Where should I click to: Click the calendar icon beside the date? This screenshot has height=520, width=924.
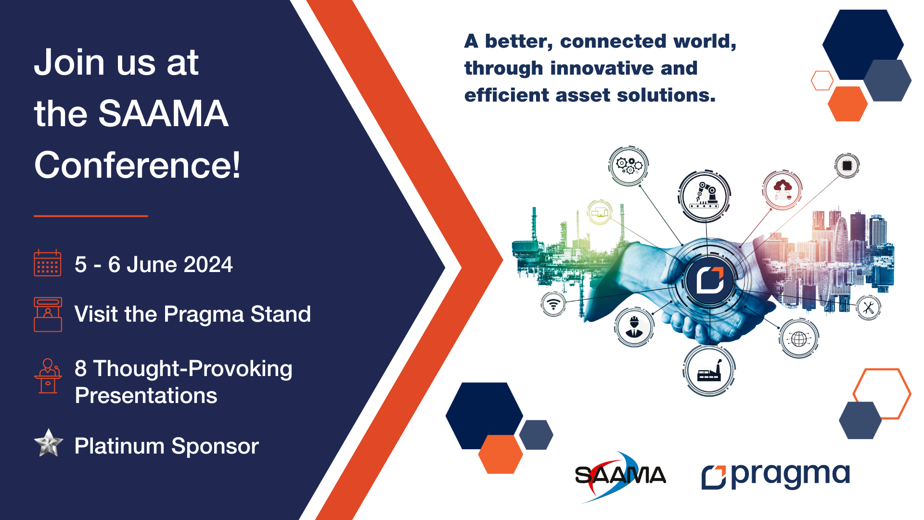(47, 263)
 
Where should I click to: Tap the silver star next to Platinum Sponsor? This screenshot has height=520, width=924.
(49, 443)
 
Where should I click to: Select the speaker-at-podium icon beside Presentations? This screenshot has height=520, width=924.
(48, 376)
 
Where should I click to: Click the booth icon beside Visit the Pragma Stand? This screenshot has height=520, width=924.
(48, 314)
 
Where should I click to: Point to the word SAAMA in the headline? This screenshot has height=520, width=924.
(163, 114)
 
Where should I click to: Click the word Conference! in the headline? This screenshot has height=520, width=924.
(137, 165)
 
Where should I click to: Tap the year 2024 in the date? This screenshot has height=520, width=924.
(208, 264)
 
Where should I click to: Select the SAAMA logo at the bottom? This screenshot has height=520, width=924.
(620, 476)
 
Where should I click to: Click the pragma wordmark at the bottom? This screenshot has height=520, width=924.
(776, 476)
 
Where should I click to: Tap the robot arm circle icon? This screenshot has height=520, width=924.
(705, 196)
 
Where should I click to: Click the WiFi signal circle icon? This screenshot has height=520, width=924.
(553, 304)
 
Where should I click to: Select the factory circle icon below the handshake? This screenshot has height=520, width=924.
(709, 371)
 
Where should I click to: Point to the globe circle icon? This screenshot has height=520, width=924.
(799, 338)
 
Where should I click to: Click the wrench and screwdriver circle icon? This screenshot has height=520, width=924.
(869, 308)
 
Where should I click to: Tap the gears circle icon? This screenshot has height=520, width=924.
(629, 166)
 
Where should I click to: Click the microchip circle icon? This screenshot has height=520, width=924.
(847, 166)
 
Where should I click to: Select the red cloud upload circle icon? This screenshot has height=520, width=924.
(782, 190)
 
